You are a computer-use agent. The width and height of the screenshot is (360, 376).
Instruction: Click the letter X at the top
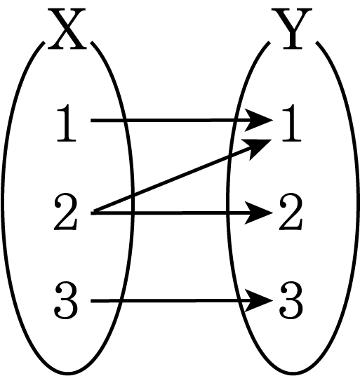point(67,29)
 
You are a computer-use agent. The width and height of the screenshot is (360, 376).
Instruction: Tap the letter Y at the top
point(292,29)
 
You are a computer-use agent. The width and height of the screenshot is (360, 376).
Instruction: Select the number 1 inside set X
point(66,123)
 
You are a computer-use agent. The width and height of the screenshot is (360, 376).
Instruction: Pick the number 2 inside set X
point(66,213)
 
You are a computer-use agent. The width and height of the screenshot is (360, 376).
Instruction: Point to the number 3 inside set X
point(66,300)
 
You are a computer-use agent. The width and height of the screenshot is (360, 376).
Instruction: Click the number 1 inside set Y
point(291,123)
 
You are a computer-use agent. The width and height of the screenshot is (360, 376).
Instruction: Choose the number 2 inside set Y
point(291,213)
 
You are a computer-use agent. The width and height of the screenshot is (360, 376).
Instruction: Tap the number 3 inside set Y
point(291,300)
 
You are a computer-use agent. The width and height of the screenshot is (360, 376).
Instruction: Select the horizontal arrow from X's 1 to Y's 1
point(182,120)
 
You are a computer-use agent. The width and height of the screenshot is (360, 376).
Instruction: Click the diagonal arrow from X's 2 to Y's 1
point(182,176)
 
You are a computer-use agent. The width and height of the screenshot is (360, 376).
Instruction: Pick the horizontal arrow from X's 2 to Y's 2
point(182,213)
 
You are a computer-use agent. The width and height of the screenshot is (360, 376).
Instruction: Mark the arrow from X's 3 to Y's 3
point(182,300)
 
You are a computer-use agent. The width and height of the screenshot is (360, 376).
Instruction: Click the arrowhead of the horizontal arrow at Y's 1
point(260,120)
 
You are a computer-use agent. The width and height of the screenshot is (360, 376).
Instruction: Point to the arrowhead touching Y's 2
point(260,213)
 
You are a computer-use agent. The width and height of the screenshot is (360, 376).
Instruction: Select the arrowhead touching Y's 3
point(260,300)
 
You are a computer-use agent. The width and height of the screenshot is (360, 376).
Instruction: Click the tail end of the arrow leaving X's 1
point(91,120)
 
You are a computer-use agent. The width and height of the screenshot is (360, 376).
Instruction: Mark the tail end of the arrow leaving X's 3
point(91,301)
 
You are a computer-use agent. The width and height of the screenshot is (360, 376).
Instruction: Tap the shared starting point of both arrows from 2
point(92,213)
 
